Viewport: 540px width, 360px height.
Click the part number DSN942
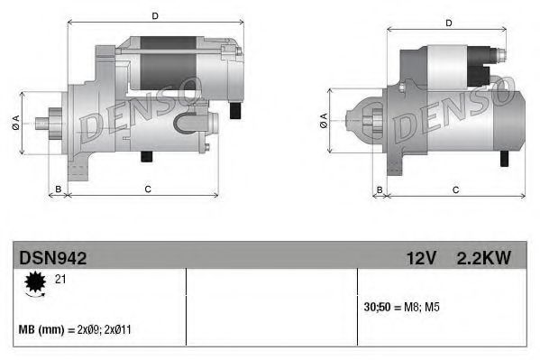(53, 258)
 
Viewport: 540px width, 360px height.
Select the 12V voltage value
(420, 258)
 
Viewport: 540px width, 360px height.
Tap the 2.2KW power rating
(484, 258)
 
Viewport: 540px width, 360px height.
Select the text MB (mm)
(43, 330)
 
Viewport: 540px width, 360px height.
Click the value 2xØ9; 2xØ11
(106, 330)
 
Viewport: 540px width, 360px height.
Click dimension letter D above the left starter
(154, 15)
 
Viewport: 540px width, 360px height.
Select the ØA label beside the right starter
(322, 123)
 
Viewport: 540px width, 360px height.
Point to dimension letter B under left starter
(58, 189)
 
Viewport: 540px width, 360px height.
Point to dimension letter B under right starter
(380, 189)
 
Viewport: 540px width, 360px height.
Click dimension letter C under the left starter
(147, 189)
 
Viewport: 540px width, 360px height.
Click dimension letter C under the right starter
(455, 189)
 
